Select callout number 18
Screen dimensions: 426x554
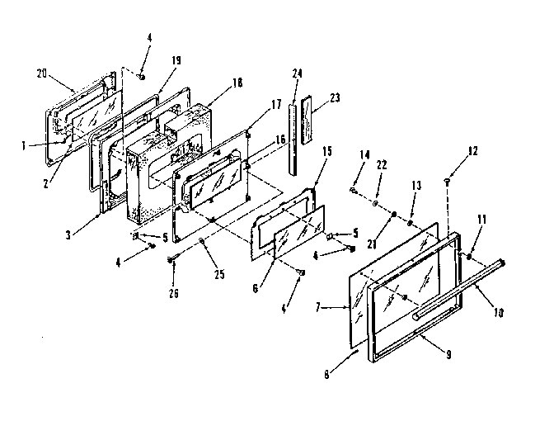click(x=238, y=83)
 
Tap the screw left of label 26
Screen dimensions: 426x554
click(x=171, y=261)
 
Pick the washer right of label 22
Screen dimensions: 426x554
click(x=375, y=200)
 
